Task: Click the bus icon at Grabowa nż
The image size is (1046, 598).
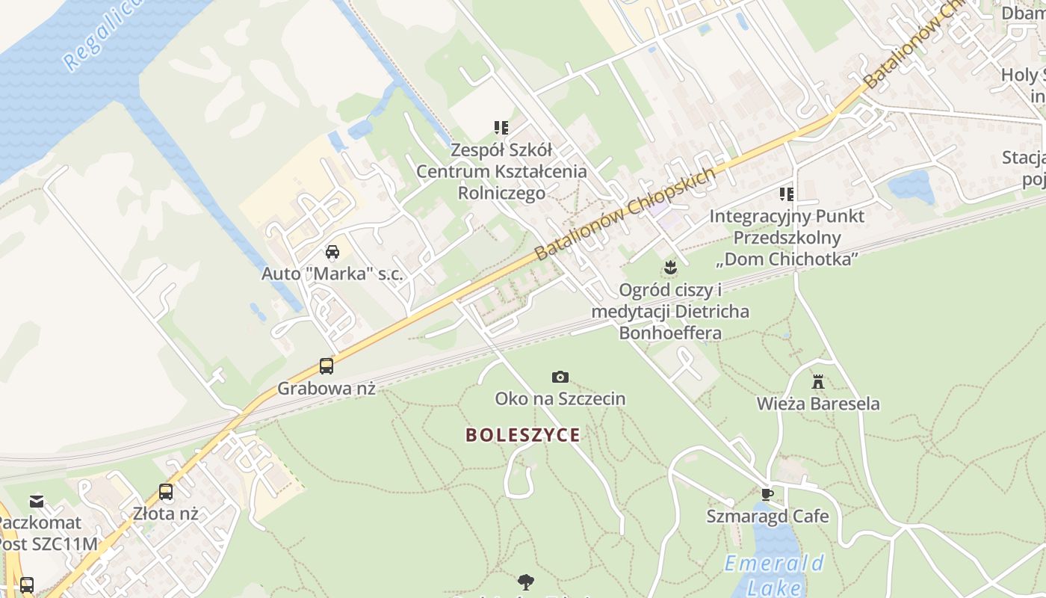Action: tap(327, 366)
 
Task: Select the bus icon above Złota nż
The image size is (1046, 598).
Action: tap(166, 492)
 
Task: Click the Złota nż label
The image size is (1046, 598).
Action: tap(165, 514)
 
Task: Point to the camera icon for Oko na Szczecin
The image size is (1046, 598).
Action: tap(560, 377)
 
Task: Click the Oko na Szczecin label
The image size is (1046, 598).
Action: tap(560, 398)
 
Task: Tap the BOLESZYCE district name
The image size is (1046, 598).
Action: tap(523, 435)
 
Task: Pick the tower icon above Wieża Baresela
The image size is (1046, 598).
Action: tap(818, 382)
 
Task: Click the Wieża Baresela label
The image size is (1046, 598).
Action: tap(818, 404)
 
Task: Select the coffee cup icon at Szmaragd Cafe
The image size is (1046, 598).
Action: tap(767, 494)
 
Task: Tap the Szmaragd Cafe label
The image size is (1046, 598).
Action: tap(767, 517)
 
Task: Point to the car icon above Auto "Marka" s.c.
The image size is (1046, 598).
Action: tap(332, 252)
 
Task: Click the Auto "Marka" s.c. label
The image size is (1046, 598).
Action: tap(332, 274)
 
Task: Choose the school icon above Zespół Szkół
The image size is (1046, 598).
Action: tap(501, 128)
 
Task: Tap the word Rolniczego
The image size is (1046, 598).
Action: tap(501, 194)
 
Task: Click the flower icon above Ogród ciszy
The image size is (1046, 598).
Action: tap(671, 267)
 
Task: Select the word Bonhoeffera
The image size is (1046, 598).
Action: tap(670, 333)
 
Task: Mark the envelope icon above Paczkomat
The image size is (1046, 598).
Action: tap(37, 501)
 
